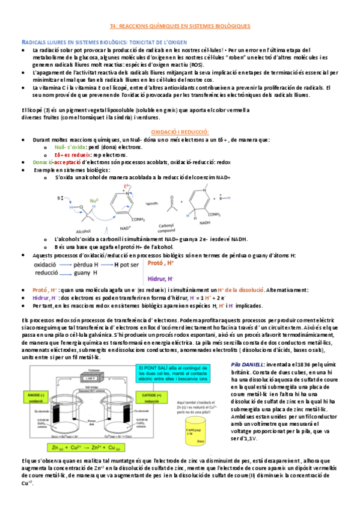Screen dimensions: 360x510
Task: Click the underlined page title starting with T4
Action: pyautogui.click(x=180, y=27)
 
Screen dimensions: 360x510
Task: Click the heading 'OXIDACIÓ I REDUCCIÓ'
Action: pyautogui.click(x=180, y=131)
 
